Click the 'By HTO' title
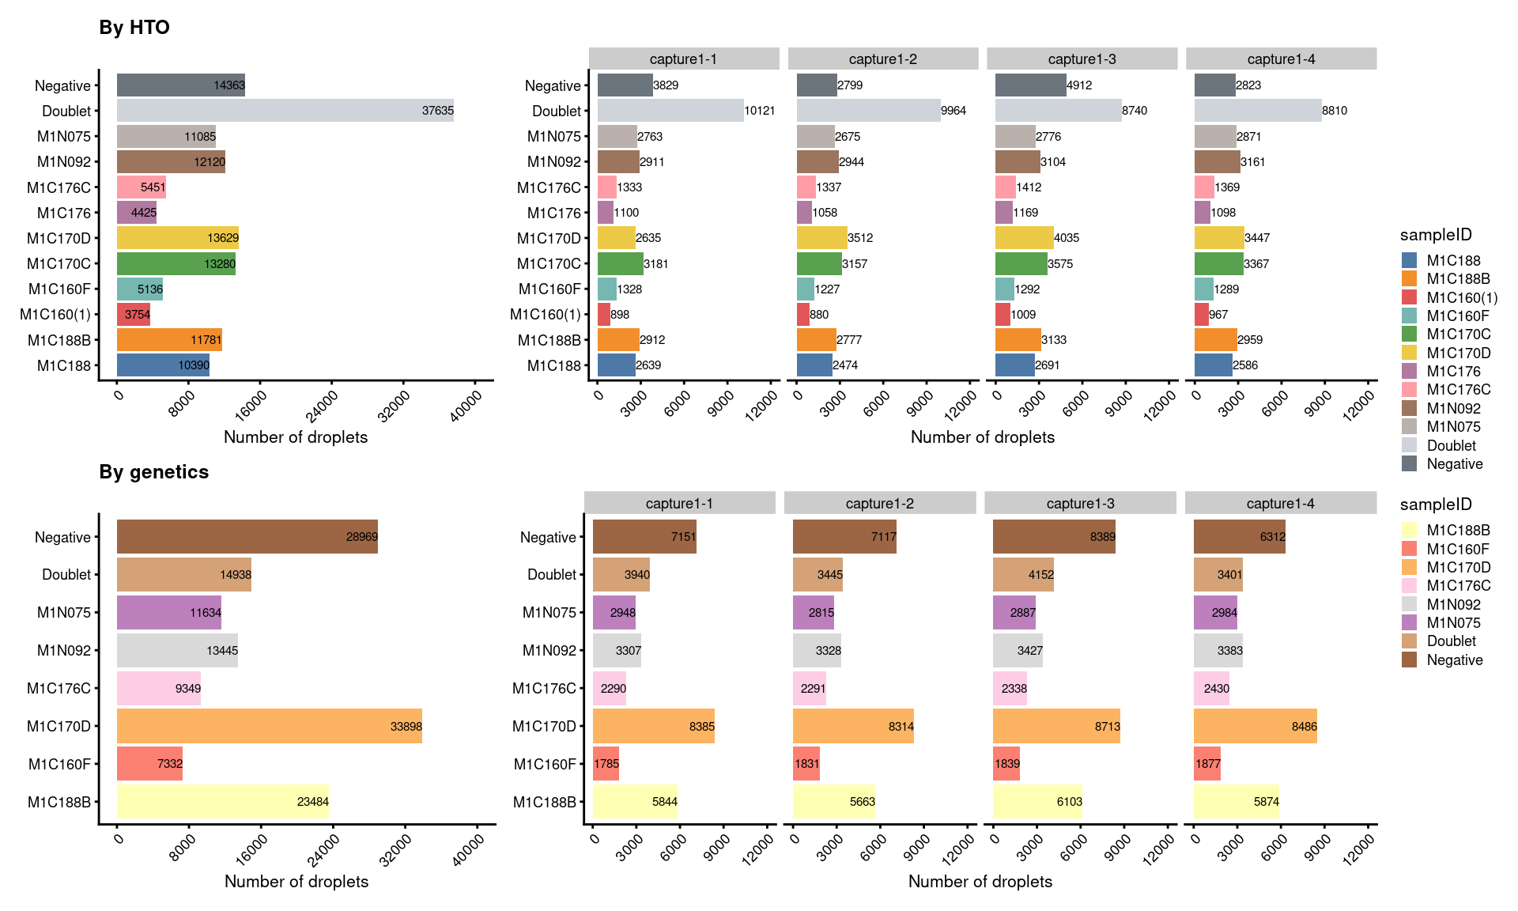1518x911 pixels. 134,28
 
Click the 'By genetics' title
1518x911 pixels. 154,472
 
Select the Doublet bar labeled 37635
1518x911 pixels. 285,111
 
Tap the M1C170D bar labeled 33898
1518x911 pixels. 269,726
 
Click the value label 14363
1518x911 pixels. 229,85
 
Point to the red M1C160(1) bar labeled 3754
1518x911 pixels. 133,315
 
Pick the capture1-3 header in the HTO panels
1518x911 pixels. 1082,59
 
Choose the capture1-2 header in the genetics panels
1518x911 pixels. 879,504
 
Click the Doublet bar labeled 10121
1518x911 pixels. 670,111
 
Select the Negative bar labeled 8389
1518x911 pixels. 1053,537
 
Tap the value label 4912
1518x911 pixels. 1079,85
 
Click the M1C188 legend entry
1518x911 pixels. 1453,261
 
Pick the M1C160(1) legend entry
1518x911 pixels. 1461,298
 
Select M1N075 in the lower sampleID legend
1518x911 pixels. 1453,623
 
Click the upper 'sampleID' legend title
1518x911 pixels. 1436,235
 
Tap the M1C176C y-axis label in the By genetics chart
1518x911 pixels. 59,689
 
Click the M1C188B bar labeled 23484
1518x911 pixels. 222,802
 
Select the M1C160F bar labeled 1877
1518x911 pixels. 1206,764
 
